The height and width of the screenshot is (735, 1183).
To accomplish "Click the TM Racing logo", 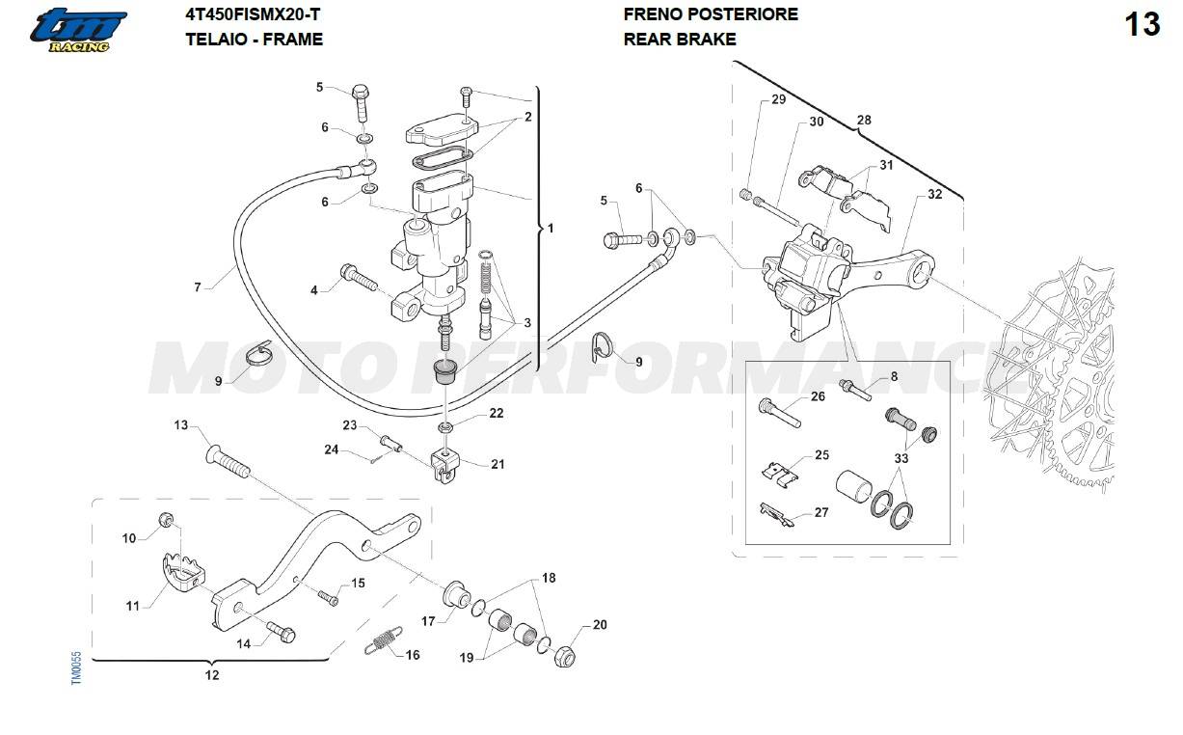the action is point(78,30).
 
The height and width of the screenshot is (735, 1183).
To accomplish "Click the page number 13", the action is point(1143,24).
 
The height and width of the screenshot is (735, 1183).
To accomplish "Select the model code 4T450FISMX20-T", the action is point(253,14).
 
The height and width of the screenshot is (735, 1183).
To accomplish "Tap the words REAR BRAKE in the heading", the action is point(680,40).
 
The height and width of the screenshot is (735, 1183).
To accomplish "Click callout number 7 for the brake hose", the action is point(198,286).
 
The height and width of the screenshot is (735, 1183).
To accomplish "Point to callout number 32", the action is point(935,194).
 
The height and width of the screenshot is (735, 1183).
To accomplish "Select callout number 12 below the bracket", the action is point(212,675).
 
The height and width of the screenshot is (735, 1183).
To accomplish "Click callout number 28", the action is point(864,120).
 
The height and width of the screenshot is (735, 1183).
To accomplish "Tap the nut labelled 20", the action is point(565,656).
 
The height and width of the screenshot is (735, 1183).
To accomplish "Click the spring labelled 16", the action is point(383,640).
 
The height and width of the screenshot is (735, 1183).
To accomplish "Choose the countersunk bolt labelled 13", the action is point(228,462).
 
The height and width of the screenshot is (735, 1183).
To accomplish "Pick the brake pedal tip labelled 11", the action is point(183,571).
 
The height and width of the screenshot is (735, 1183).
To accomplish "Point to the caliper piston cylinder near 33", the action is point(854,486).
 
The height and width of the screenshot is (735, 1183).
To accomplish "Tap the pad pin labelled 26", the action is point(780,413).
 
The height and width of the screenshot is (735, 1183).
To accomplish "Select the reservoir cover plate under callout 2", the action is point(442,129).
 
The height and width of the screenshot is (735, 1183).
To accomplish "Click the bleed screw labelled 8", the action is point(855,390).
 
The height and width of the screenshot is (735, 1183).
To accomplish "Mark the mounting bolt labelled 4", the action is point(359,277).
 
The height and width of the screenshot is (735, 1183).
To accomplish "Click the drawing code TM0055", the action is point(76,667).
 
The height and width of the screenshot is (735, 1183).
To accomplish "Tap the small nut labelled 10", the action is point(166,519).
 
